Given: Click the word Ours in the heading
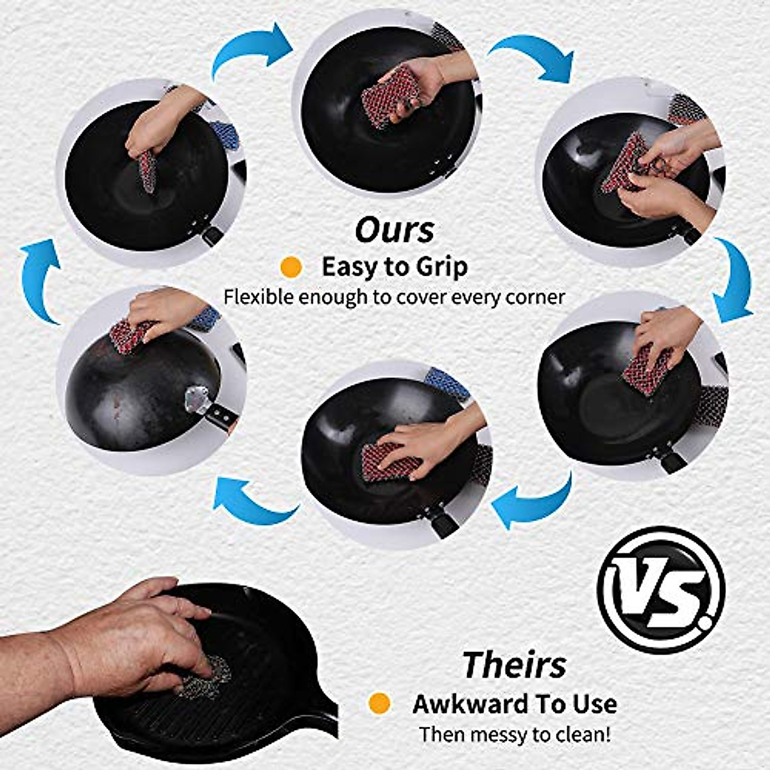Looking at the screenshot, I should point(395,230).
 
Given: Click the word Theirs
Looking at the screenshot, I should point(515,664).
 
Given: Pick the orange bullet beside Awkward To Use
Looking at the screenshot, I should point(380,703).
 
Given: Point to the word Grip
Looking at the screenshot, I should point(440,267).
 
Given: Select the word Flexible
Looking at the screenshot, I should point(259,297).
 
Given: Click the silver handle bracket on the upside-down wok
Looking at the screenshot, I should point(195,402).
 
